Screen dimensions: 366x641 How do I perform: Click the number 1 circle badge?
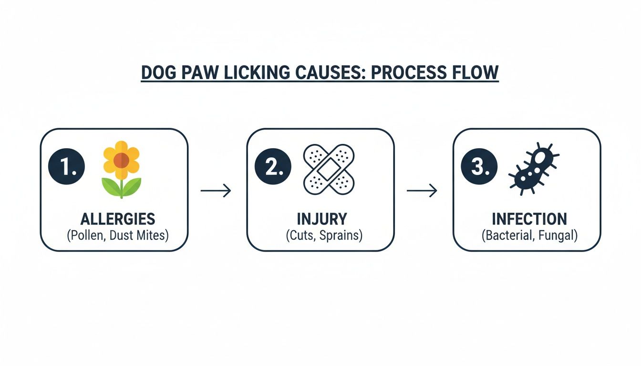(x=66, y=168)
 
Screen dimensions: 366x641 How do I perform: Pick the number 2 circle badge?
(x=272, y=168)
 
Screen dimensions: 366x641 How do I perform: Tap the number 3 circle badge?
(x=479, y=168)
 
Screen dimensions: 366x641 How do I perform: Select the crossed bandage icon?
(x=329, y=169)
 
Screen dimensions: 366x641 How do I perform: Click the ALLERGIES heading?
(x=118, y=219)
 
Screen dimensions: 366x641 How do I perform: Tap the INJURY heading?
(x=322, y=219)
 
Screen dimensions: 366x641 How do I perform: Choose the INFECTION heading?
(x=529, y=219)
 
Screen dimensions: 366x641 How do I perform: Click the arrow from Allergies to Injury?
(x=216, y=191)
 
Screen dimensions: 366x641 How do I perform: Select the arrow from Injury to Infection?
(x=422, y=191)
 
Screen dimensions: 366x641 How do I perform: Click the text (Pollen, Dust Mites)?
(x=118, y=235)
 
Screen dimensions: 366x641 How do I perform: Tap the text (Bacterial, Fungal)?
(x=529, y=235)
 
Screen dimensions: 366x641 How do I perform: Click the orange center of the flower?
(x=121, y=161)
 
